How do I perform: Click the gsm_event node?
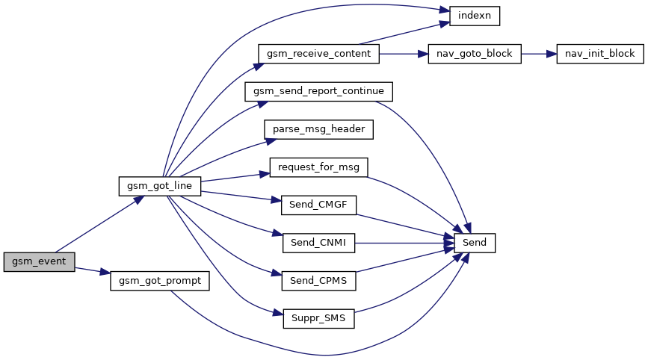pyautogui.click(x=39, y=262)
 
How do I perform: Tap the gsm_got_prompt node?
pyautogui.click(x=160, y=281)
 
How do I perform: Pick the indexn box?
pyautogui.click(x=474, y=15)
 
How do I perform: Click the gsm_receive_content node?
pyautogui.click(x=318, y=54)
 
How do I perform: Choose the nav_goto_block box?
pyautogui.click(x=474, y=54)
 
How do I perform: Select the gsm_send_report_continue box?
pyautogui.click(x=318, y=91)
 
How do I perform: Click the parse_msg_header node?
pyautogui.click(x=318, y=129)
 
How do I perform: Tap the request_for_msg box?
pyautogui.click(x=318, y=167)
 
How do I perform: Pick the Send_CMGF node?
pyautogui.click(x=318, y=205)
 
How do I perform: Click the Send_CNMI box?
pyautogui.click(x=318, y=243)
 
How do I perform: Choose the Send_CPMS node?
pyautogui.click(x=318, y=281)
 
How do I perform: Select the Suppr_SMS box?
pyautogui.click(x=318, y=319)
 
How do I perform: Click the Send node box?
pyautogui.click(x=474, y=243)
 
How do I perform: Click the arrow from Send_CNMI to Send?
pyautogui.click(x=404, y=243)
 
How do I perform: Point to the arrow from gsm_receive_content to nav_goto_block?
pyautogui.click(x=404, y=54)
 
